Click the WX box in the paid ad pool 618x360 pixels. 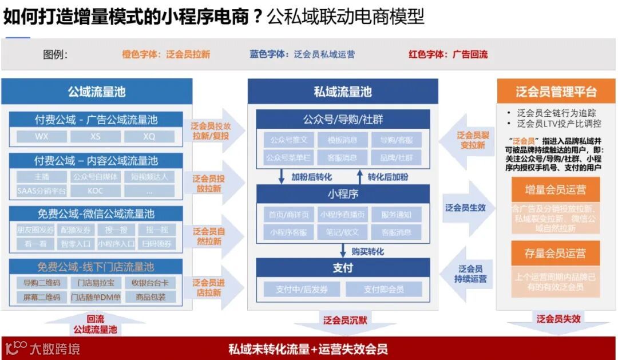(42, 137)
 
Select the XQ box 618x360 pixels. (149, 137)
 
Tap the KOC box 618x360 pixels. (96, 191)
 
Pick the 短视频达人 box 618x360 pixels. (149, 177)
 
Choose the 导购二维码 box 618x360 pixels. (42, 283)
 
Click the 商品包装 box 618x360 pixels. (150, 297)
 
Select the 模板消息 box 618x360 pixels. (342, 140)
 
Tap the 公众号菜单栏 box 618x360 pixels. (289, 157)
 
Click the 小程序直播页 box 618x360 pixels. (342, 215)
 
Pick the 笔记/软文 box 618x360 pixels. (342, 232)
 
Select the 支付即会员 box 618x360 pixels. (383, 289)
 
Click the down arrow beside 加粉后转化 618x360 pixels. (282, 176)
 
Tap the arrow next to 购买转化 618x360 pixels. (342, 251)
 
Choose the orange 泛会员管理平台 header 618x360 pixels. (556, 92)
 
